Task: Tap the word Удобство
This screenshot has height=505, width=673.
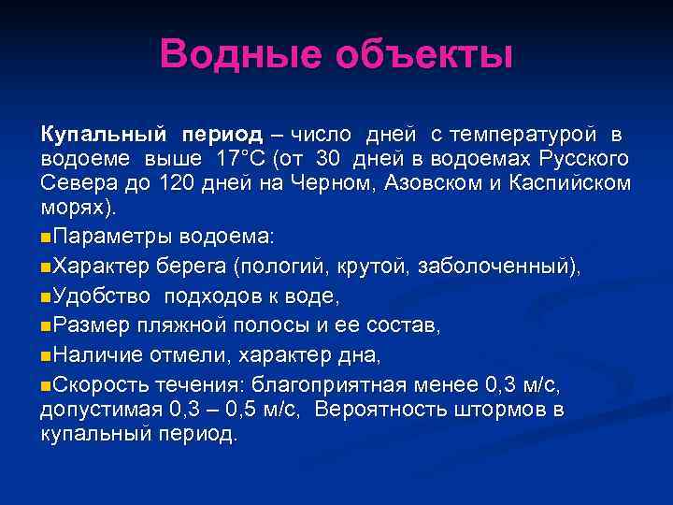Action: click(99, 296)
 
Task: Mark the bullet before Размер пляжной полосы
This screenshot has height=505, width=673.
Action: click(47, 327)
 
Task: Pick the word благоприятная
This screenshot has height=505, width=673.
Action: click(351, 384)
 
